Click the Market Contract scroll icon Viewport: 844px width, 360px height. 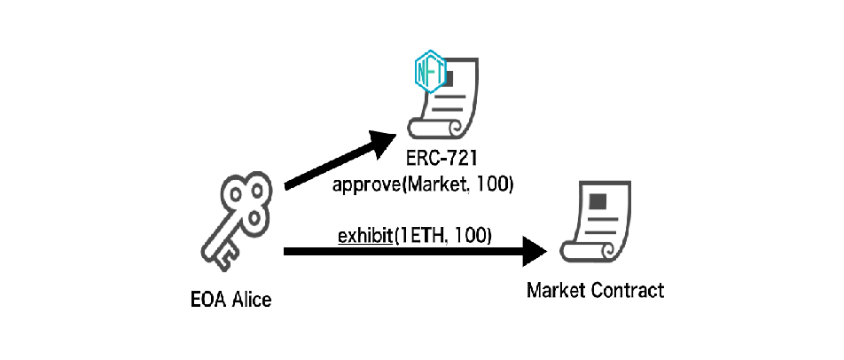[x=594, y=221]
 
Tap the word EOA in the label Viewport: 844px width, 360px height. [x=207, y=300]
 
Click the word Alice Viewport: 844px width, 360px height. [x=251, y=300]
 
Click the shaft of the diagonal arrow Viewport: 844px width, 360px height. [x=328, y=166]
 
